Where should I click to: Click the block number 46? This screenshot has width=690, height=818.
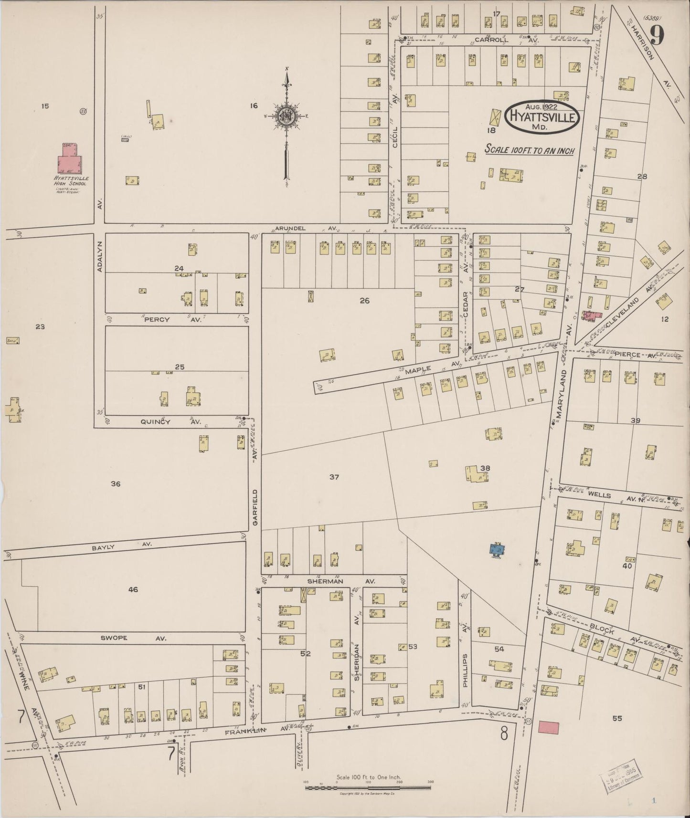point(133,590)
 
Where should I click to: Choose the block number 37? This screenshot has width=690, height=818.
point(334,477)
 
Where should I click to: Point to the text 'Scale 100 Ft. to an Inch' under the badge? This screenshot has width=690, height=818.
point(529,149)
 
